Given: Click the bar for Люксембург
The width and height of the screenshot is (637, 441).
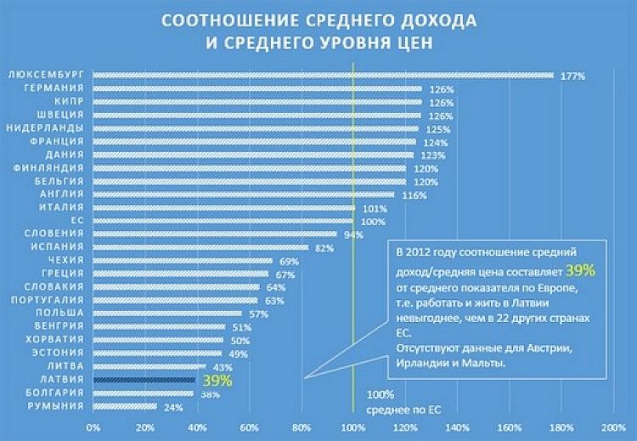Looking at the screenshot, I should point(323,75).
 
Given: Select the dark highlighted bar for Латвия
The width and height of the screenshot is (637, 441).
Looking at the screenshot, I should point(144,380).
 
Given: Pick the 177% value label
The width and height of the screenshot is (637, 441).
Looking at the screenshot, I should point(573,76).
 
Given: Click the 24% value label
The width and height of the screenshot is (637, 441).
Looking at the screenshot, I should point(172,407).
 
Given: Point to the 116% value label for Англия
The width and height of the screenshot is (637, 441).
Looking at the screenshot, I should point(414,195).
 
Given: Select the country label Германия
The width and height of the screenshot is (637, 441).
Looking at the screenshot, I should point(54,88).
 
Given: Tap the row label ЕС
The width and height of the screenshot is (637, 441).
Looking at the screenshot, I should point(77,220).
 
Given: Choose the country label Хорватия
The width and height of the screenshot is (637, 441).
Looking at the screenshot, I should point(55,339).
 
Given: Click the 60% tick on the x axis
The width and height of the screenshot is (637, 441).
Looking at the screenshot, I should point(249,427).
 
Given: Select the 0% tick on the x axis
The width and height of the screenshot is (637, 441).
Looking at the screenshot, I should point(93,427).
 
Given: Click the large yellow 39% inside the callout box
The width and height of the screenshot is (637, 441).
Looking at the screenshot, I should point(580,269).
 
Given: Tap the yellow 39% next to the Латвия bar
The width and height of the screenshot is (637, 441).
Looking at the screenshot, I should point(217,380).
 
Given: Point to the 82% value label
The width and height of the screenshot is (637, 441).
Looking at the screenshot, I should point(324,248).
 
